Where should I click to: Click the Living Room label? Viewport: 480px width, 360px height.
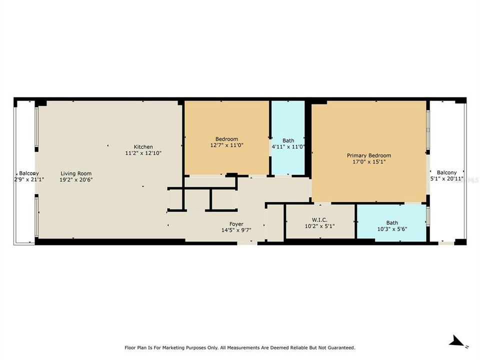[x=76, y=173]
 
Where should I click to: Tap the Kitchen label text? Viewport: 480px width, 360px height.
[x=143, y=147]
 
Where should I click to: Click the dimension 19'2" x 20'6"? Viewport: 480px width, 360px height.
[x=76, y=179]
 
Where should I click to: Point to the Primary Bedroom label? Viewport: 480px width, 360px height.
[x=369, y=155]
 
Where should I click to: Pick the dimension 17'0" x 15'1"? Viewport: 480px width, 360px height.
[x=369, y=161]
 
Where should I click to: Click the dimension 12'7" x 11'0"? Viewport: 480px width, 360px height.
[x=226, y=145]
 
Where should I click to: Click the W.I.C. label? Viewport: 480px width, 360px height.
[x=320, y=219]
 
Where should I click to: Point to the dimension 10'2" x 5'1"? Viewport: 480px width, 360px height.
[x=320, y=225]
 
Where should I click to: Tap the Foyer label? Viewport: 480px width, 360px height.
[x=236, y=224]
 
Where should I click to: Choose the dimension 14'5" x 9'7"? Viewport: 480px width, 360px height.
[x=236, y=230]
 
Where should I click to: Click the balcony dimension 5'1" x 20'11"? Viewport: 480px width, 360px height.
[x=446, y=178]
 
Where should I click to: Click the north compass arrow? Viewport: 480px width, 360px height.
[x=456, y=341]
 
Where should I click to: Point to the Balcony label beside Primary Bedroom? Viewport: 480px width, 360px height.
[x=446, y=172]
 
